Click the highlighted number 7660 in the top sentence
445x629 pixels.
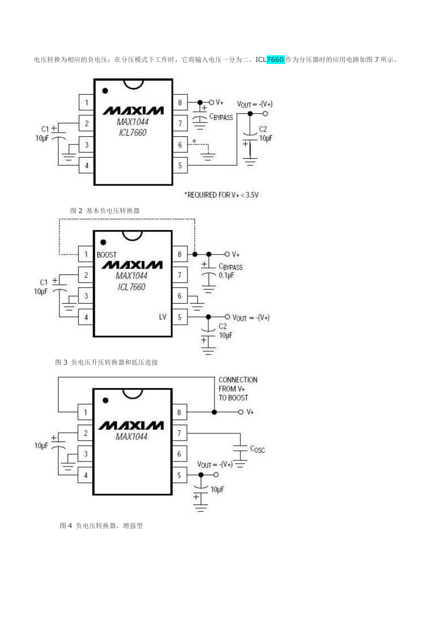pos(276,59)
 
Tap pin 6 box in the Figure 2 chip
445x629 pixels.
pos(180,144)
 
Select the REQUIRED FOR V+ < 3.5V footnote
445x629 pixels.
pos(221,195)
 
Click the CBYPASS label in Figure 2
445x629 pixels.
pos(221,117)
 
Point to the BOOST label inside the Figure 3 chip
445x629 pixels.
pos(107,255)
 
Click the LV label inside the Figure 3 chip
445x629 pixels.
pos(163,317)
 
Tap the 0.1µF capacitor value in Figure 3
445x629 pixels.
pos(226,276)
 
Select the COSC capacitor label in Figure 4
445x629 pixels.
pos(258,449)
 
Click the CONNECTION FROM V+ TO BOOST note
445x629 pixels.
pos(238,389)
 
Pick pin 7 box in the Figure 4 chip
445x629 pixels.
pos(179,433)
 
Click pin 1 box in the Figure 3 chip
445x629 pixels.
pos(86,254)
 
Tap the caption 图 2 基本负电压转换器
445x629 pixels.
pos(105,211)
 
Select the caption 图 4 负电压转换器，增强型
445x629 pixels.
pos(101,526)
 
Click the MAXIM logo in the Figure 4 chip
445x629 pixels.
pos(131,426)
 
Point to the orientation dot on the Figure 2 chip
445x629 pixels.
pos(105,91)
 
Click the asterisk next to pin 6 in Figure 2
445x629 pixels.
pos(194,141)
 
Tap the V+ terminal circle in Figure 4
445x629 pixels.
pos(241,412)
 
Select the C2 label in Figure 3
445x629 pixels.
pos(223,326)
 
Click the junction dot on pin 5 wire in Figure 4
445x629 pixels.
pos(201,475)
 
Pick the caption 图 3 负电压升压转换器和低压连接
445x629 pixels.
pos(107,362)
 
